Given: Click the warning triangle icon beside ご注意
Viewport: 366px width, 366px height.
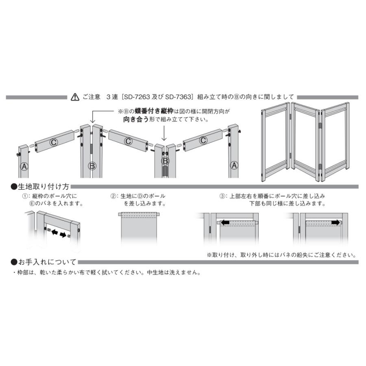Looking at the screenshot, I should click(75, 97).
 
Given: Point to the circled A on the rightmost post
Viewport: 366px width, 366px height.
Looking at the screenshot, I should click(234, 165).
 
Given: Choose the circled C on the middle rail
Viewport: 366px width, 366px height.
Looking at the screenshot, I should click(128, 141).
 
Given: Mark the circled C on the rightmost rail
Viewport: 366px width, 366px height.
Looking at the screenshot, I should click(203, 141).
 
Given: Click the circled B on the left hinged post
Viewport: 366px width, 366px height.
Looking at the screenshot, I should click(92, 166).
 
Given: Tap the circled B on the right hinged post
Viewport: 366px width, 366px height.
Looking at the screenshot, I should click(165, 161).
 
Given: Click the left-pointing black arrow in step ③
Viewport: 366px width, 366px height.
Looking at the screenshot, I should click(224, 222).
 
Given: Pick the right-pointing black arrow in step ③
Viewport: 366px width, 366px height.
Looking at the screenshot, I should click(336, 222).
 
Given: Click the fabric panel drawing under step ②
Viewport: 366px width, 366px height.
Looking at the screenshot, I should click(139, 230).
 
